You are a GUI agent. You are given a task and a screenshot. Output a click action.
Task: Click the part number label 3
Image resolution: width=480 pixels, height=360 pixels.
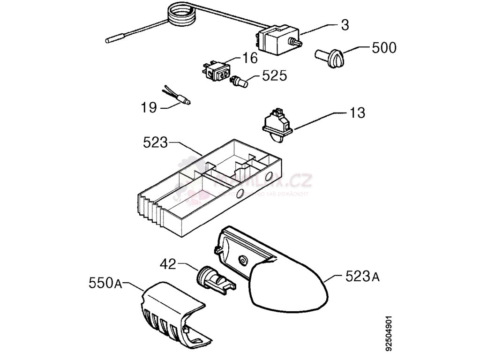pos(345,25)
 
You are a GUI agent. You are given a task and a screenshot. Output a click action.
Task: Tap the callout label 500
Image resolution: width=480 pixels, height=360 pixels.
pos(383,48)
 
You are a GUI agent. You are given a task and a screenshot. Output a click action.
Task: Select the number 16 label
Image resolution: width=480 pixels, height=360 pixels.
pos(250,58)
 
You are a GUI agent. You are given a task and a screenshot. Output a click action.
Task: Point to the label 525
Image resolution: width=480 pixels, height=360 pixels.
pos(274,75)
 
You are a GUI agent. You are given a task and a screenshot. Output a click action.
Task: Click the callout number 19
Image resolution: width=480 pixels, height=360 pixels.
pos(149,108)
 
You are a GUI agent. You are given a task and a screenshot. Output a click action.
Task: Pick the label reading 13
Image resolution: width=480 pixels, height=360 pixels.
pos(356,113)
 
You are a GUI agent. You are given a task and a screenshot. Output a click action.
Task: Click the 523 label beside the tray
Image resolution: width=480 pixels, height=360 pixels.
pos(155,142)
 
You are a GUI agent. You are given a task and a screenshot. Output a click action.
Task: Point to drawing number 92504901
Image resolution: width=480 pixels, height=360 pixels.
pos(389,332)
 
